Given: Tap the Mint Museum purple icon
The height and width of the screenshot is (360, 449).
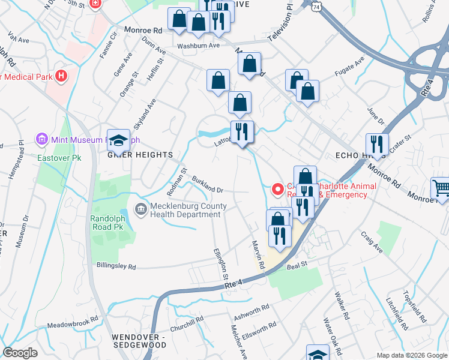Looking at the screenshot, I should [x=41, y=140].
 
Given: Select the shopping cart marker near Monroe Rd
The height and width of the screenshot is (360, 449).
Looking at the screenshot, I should [x=441, y=189].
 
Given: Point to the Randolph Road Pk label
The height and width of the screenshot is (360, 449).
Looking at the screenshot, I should [x=110, y=223].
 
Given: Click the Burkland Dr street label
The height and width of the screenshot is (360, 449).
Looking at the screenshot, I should [x=208, y=185].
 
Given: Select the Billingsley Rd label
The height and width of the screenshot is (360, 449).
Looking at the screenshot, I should [x=116, y=266].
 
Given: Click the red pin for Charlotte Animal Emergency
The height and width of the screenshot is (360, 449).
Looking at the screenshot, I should [x=278, y=190].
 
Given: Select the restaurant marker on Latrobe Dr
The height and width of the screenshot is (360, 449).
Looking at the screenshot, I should [x=243, y=131].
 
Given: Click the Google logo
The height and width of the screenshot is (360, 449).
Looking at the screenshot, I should [x=20, y=353].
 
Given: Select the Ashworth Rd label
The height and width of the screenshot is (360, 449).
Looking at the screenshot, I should [x=252, y=311].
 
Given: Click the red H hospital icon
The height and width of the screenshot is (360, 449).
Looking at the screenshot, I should [x=61, y=76].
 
